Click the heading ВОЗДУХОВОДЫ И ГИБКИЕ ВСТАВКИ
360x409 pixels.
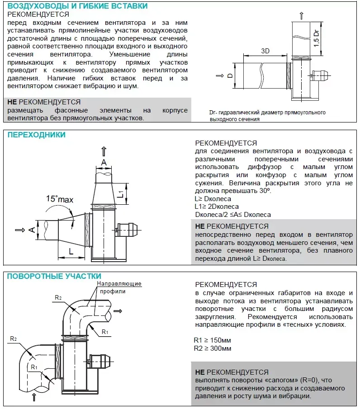77,6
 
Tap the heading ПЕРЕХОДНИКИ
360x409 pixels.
36,135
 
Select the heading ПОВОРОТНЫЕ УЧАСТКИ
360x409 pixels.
54,276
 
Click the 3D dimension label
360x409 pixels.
265,51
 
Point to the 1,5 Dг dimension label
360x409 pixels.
317,38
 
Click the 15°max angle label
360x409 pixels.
59,199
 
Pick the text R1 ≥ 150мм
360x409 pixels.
213,340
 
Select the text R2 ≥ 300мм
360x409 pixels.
213,348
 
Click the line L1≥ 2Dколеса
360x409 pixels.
217,207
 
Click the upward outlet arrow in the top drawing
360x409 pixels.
301,16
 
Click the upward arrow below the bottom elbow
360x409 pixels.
34,397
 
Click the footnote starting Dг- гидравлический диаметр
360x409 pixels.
267,116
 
